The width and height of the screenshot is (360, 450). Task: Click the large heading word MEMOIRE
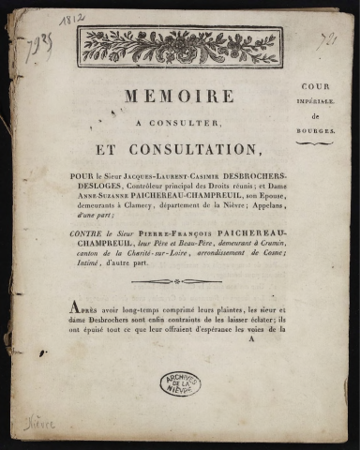click(x=179, y=97)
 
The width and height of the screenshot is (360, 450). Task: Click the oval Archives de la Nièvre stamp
click(x=179, y=382)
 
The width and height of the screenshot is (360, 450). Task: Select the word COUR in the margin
click(x=315, y=85)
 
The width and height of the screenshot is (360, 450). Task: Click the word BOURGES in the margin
click(x=315, y=131)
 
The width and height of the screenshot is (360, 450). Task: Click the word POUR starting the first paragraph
click(x=82, y=174)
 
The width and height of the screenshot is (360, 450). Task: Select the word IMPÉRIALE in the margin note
click(x=315, y=101)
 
